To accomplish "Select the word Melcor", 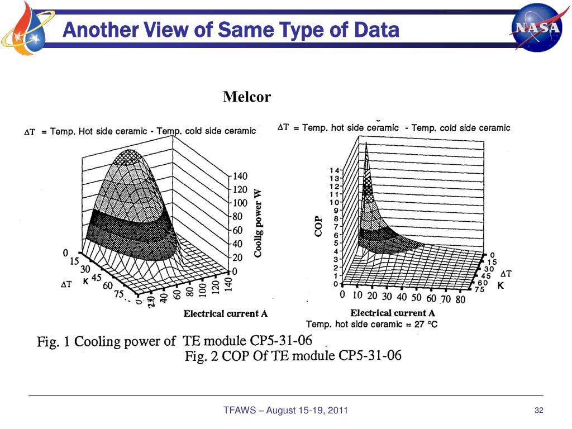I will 247,97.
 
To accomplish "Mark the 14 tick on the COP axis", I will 334,170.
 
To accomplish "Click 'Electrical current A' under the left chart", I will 226,314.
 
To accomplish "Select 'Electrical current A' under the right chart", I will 393,313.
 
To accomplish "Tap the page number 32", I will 539,411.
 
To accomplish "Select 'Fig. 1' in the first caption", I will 53,341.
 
